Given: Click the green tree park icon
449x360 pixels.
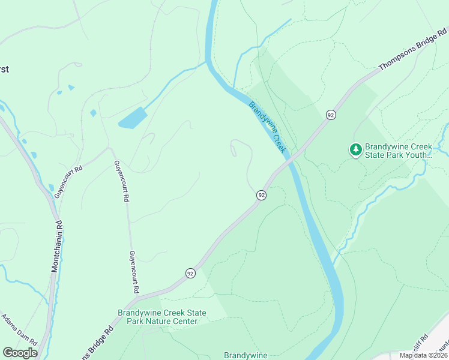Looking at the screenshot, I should pos(356,149).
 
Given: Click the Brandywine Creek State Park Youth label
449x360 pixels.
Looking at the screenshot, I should pos(400,150).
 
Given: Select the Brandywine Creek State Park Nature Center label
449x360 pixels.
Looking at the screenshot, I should pos(161,317).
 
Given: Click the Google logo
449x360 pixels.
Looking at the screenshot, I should pos(20,352).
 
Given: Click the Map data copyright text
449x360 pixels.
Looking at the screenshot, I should pos(423,355).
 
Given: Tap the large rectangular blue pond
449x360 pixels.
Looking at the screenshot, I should pos(133,118).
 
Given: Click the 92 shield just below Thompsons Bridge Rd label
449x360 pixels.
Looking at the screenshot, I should pos(330,115).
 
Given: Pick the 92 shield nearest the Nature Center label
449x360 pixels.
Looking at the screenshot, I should pos(190,273).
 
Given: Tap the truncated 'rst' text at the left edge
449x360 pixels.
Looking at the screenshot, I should pos(4,69).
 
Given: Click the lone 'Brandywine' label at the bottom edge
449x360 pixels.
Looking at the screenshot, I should pos(245,355).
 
